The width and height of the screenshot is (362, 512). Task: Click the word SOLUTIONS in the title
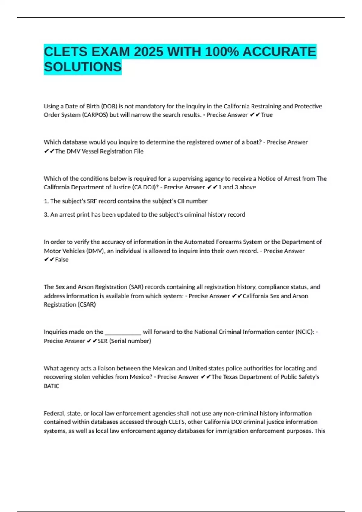(x=83, y=67)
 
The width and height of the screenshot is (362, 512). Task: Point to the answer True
(x=267, y=115)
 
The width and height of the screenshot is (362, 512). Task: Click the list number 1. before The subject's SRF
(x=46, y=201)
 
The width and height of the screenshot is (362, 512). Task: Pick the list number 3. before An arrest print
(x=46, y=214)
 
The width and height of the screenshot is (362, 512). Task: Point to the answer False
(x=62, y=259)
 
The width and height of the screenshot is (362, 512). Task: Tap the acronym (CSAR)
(x=87, y=304)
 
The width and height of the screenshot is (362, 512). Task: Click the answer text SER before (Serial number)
(x=103, y=341)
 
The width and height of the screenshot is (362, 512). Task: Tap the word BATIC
(x=52, y=386)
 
